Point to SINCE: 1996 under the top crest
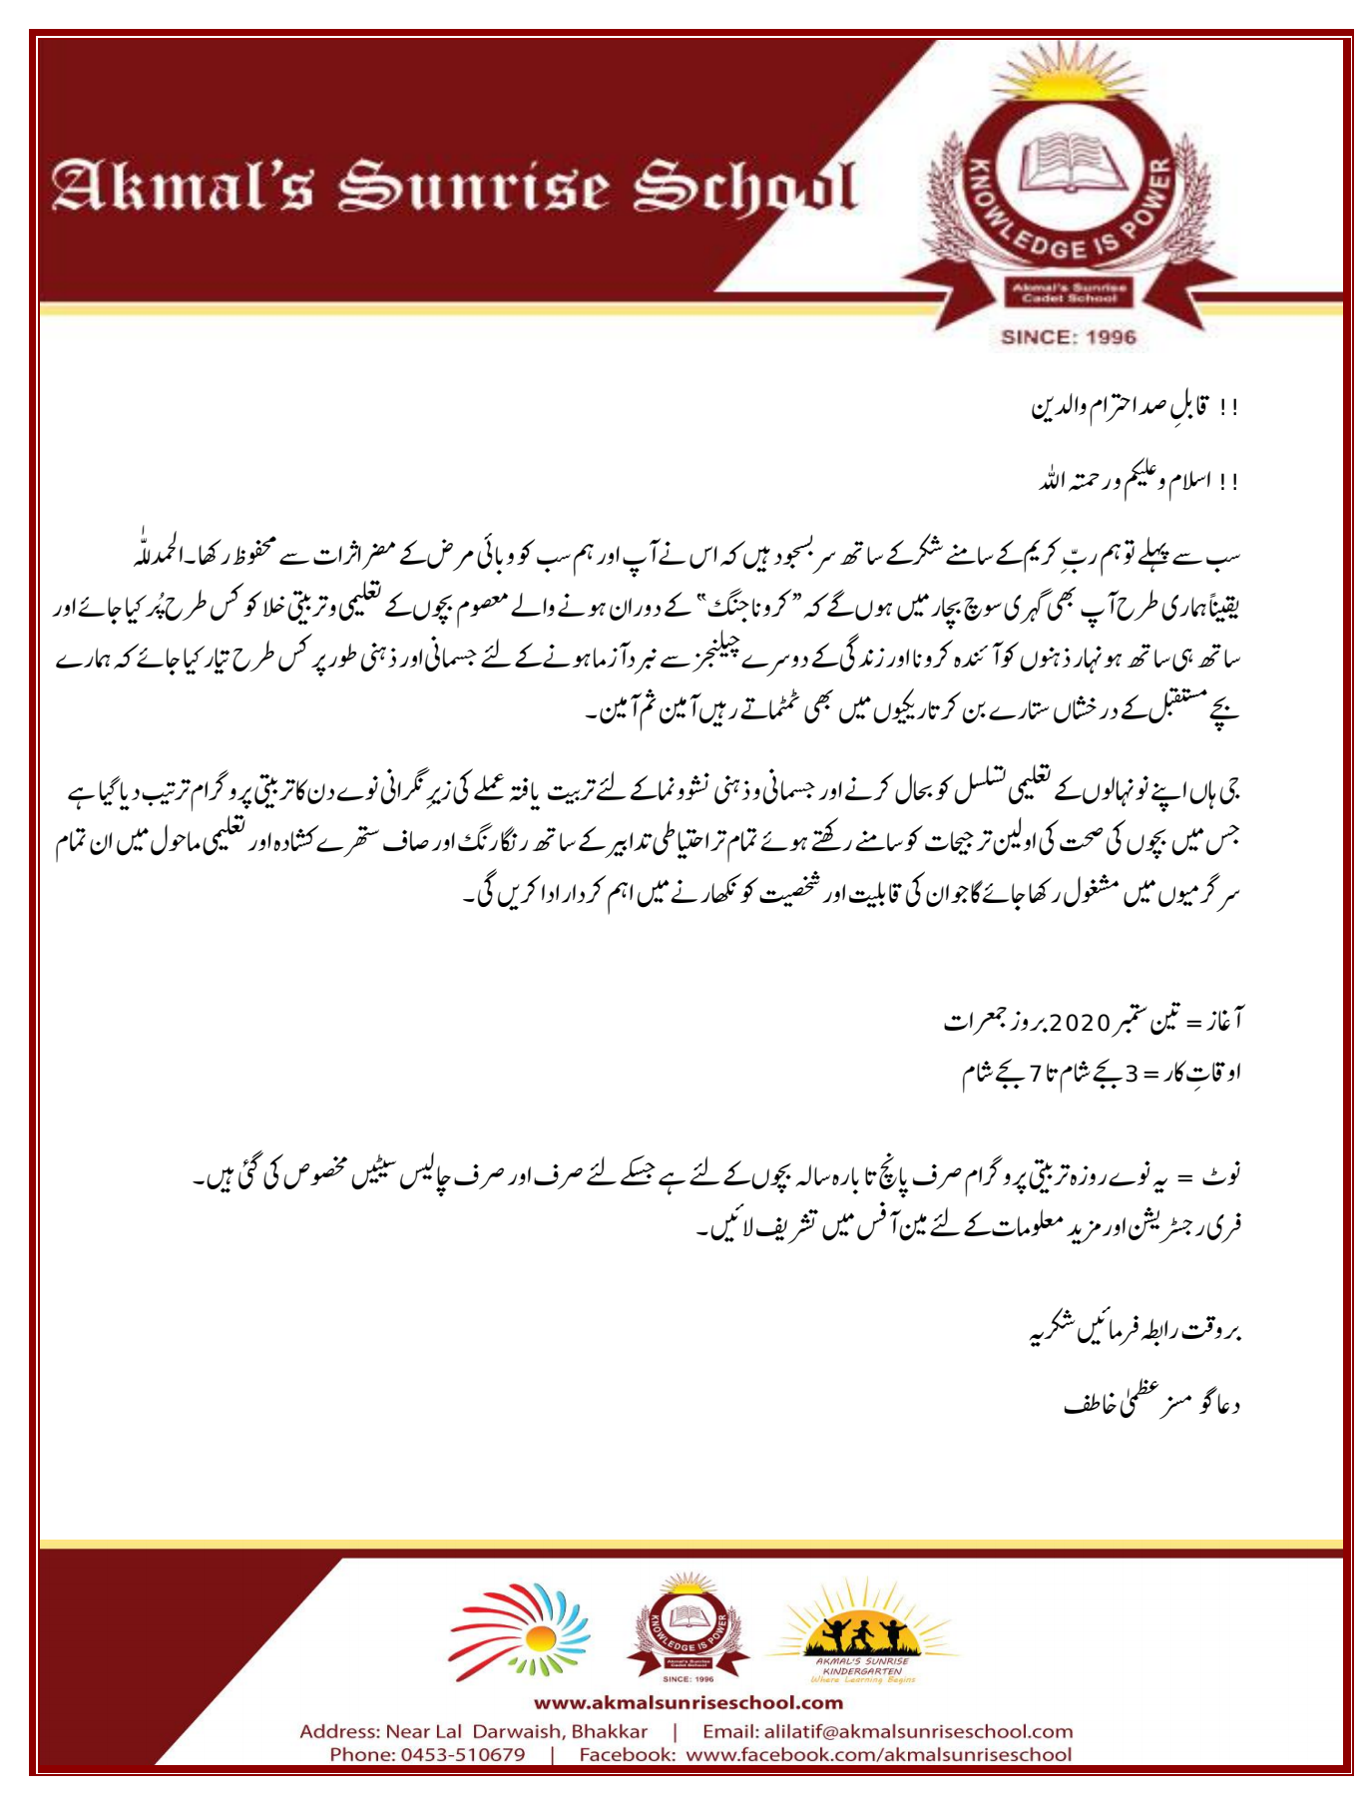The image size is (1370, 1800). click(x=1068, y=337)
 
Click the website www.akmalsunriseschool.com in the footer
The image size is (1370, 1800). click(x=687, y=1702)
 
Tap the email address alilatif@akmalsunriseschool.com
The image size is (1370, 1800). click(x=887, y=1731)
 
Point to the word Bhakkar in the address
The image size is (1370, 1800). click(x=609, y=1731)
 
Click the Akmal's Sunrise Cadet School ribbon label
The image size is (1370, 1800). click(x=1069, y=292)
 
